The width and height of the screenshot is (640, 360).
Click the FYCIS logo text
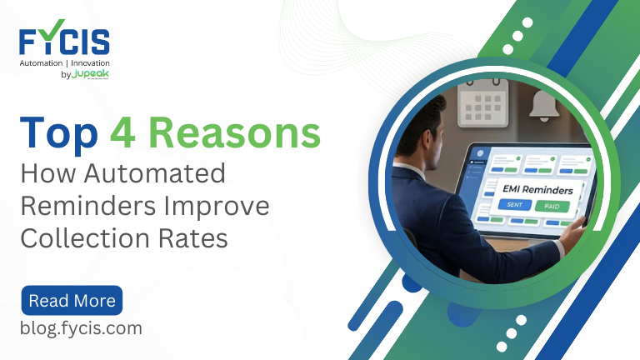click(64, 42)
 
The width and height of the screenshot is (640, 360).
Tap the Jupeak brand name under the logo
click(90, 74)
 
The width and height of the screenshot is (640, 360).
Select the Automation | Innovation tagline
click(64, 63)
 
